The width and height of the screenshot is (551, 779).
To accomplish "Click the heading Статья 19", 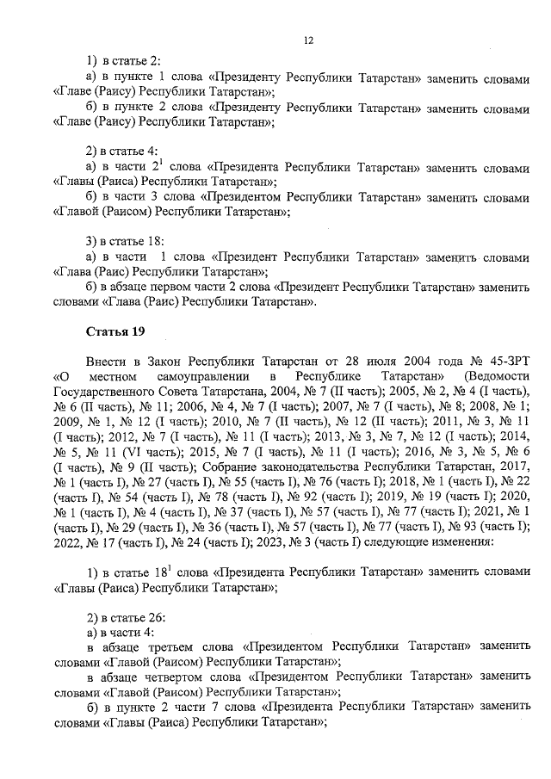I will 109,331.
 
